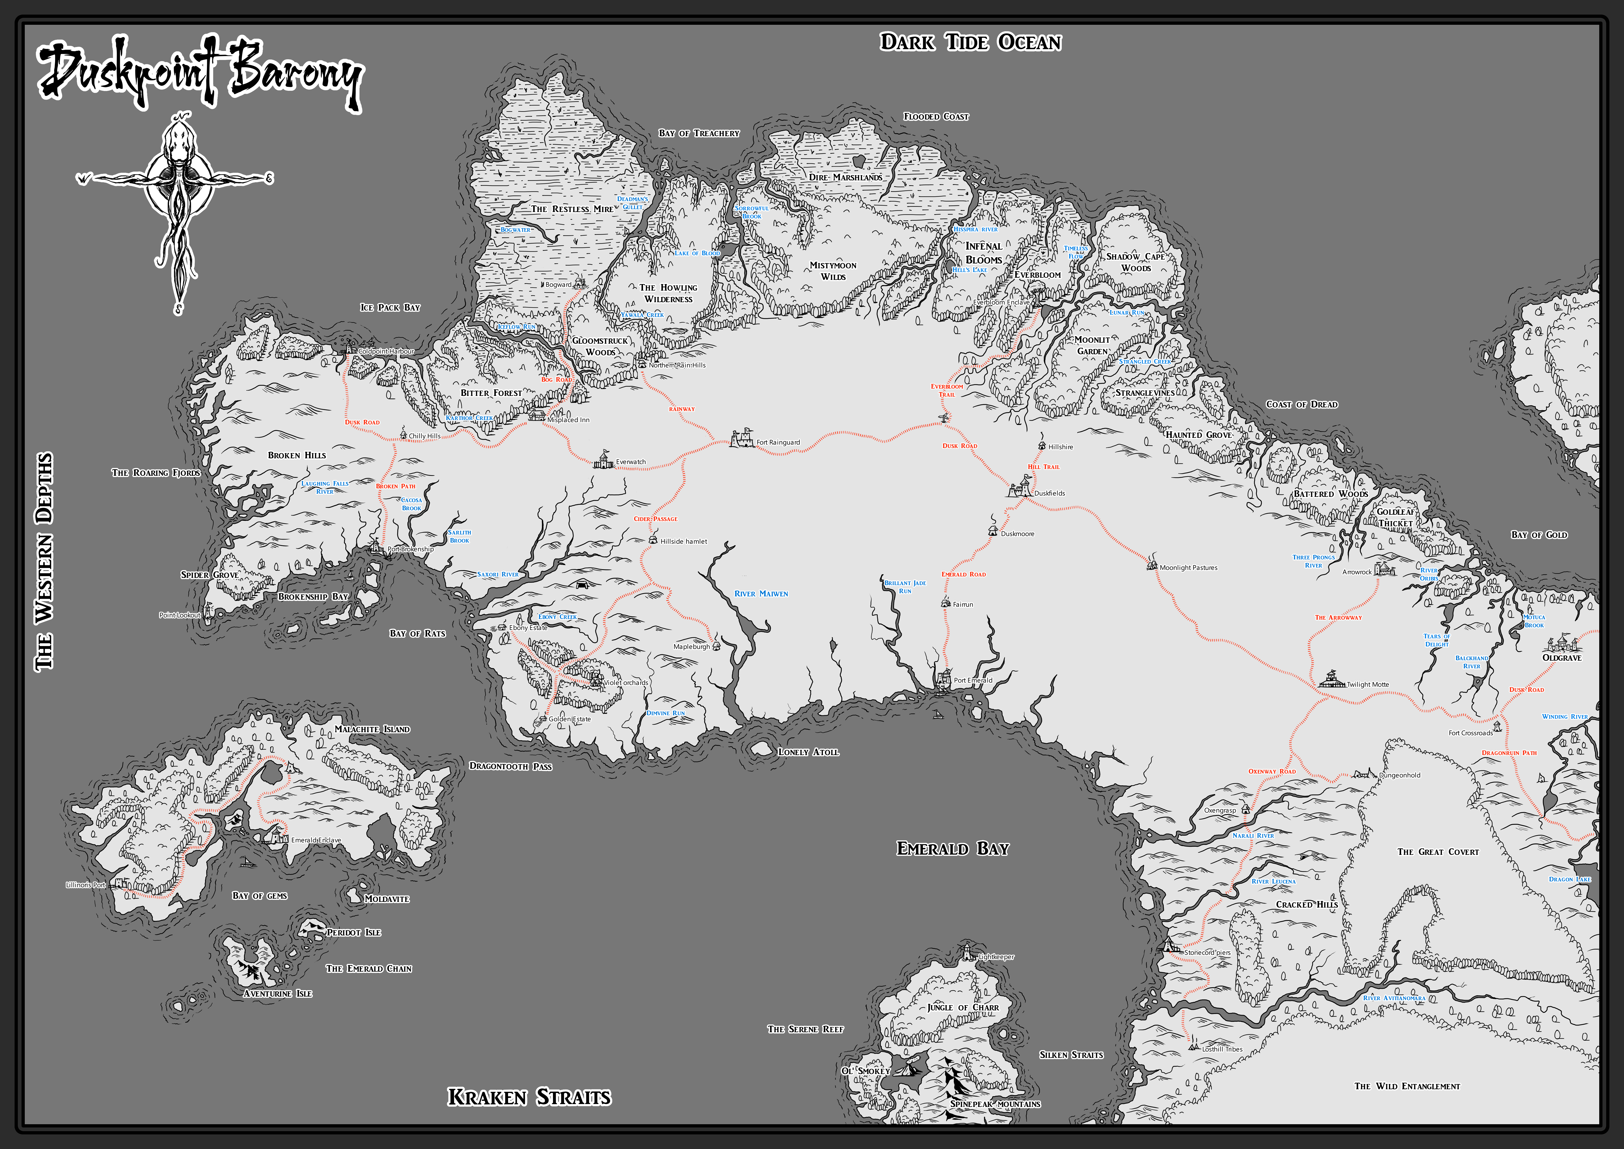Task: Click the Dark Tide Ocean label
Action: [970, 42]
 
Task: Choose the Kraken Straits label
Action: [529, 1097]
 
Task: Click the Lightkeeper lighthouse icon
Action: [968, 952]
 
